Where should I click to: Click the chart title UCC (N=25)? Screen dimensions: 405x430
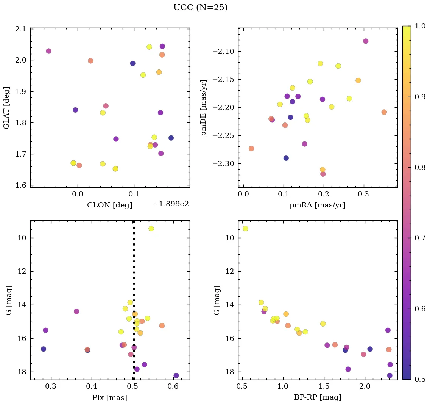200,8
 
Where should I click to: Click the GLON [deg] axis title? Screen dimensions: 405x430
110,205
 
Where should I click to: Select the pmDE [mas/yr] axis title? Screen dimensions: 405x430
204,108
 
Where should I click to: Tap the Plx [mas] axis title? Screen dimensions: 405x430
110,398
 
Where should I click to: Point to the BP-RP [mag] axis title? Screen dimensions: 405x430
318,397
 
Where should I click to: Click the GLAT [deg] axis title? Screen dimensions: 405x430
7,108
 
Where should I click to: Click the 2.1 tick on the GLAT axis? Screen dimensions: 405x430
21,29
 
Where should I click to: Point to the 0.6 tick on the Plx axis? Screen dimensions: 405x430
173,386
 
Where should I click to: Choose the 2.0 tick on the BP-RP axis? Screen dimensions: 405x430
365,386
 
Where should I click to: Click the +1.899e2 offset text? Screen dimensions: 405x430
171,204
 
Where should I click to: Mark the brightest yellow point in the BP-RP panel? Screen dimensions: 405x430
245,228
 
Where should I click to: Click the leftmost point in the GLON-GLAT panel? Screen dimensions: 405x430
48,51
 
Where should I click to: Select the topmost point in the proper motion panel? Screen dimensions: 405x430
366,41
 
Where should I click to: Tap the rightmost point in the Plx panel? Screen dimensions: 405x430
176,375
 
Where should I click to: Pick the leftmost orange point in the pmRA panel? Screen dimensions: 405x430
251,148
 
